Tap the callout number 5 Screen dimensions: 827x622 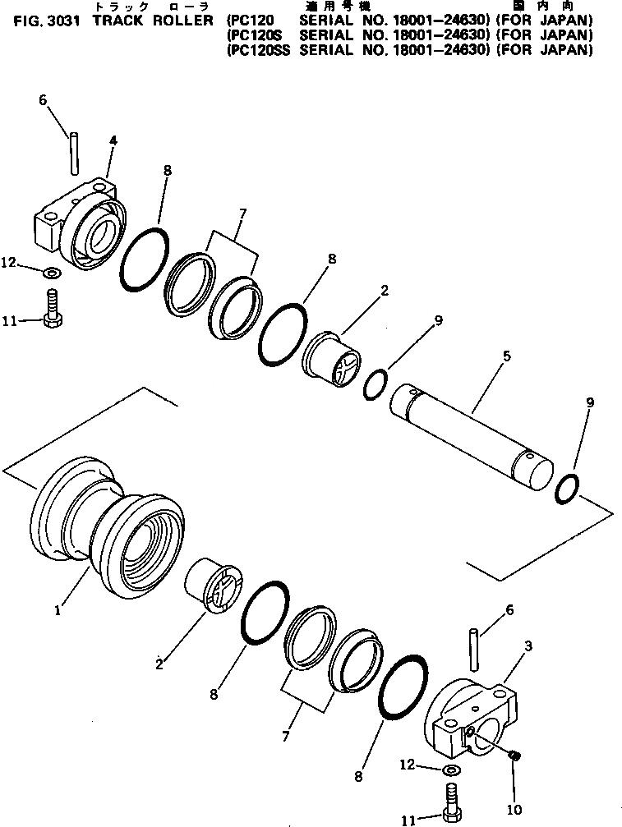point(507,356)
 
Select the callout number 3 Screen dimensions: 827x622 point(528,646)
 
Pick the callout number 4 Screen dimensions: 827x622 point(113,141)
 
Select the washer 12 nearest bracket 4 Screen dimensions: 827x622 point(51,271)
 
